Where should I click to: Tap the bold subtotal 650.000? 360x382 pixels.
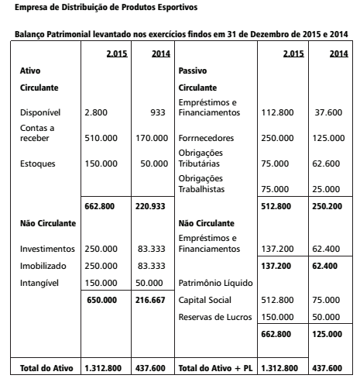[101, 299]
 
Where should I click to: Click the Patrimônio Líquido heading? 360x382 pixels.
[210, 282]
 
